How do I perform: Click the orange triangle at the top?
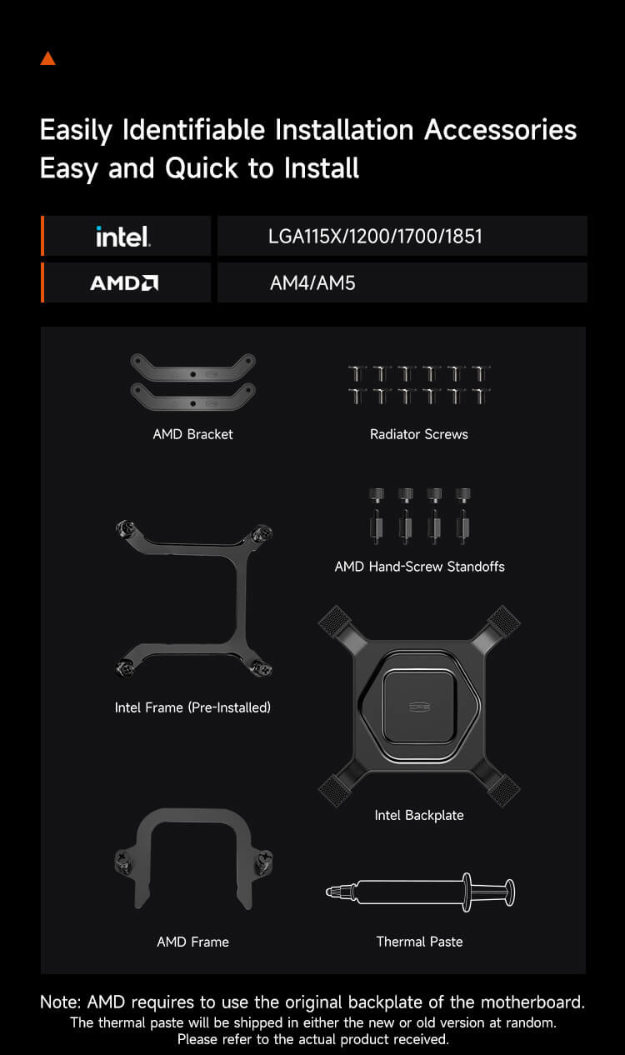click(x=48, y=59)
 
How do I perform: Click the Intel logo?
click(x=123, y=237)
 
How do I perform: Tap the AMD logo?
click(x=124, y=283)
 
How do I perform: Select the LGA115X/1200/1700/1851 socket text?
click(x=375, y=237)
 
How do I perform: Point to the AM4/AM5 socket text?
click(x=312, y=283)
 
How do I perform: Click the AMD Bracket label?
click(x=192, y=434)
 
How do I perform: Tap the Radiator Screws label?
click(x=419, y=434)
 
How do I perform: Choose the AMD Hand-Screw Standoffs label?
click(x=420, y=567)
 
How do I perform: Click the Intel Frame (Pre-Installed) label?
click(x=192, y=707)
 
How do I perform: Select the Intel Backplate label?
click(x=419, y=815)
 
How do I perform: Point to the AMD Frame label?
click(x=193, y=942)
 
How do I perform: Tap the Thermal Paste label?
click(x=419, y=942)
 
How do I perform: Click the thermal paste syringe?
click(x=420, y=892)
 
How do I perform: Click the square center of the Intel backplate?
click(x=419, y=706)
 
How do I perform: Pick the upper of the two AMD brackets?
click(x=193, y=367)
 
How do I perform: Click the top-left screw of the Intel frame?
click(x=126, y=528)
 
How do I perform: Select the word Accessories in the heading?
click(x=500, y=130)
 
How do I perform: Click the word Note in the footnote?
click(x=61, y=1002)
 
